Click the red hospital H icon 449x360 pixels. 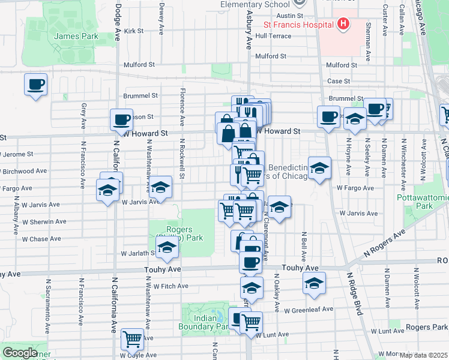[x=343, y=25]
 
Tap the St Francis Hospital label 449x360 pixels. [x=298, y=25]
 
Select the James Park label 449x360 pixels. [x=76, y=37]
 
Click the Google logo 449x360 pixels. [x=20, y=353]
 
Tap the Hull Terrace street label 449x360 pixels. [x=273, y=36]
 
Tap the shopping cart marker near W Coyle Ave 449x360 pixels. [x=132, y=339]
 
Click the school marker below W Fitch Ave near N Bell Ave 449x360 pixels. [x=314, y=284]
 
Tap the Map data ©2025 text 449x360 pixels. [x=423, y=355]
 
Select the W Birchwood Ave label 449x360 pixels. [x=24, y=171]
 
